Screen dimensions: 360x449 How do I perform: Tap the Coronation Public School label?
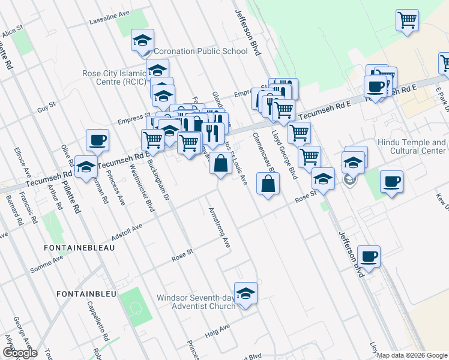(200, 51)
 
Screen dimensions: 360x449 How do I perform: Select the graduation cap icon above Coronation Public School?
(142, 40)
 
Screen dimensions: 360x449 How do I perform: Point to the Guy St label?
(46, 109)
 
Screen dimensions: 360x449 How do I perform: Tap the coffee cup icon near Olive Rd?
(97, 140)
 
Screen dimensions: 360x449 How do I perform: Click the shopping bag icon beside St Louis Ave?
(220, 163)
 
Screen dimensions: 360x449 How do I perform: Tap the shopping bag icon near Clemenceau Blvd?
(267, 184)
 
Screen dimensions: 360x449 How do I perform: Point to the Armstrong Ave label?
(219, 228)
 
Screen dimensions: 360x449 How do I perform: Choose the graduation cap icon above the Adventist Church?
(245, 293)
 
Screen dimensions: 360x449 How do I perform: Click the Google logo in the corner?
(19, 353)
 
